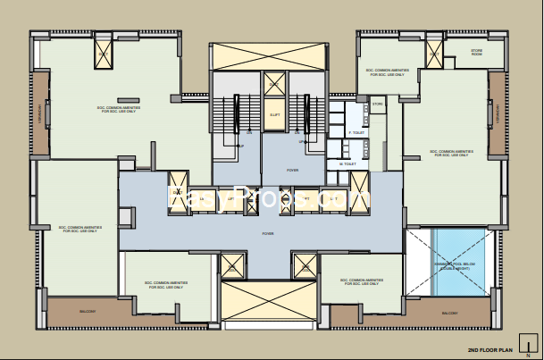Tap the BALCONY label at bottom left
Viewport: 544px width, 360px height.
[x=88, y=312]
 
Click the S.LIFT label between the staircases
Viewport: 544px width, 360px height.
[x=274, y=115]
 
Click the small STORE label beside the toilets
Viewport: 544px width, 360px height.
[x=377, y=105]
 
